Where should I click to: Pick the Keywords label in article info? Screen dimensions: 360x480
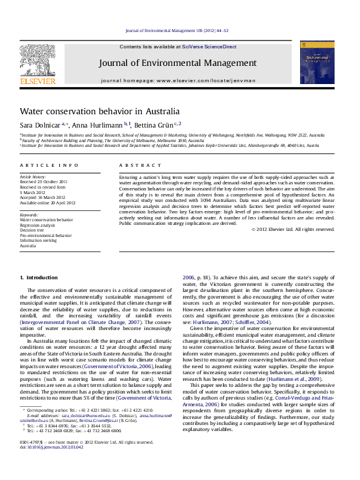[x=29, y=215]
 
